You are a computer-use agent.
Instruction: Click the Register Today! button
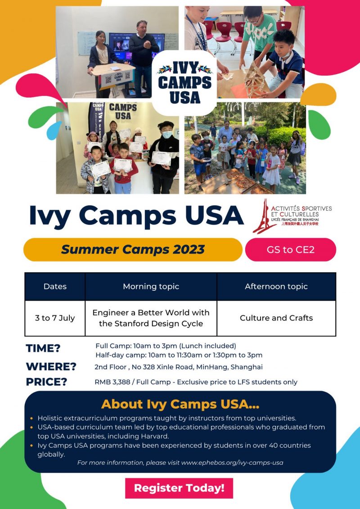[179, 488]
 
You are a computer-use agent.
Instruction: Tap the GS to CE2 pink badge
[291, 250]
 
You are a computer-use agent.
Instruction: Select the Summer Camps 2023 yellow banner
[133, 250]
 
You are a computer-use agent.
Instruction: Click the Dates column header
[55, 286]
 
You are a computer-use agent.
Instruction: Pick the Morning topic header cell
[151, 286]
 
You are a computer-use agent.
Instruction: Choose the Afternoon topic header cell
[276, 286]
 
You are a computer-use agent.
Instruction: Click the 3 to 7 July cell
[55, 318]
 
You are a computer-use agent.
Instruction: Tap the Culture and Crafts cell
[276, 318]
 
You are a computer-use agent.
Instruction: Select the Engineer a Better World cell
[151, 318]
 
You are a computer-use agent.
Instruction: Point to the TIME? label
[43, 348]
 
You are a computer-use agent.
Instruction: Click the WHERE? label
[51, 366]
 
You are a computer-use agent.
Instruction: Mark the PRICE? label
[46, 382]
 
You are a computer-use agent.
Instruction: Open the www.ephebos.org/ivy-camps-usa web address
[232, 463]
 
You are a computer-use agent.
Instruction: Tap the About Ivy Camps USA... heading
[180, 404]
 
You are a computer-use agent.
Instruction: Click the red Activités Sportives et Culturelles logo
[292, 216]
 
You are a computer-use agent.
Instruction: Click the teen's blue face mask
[167, 135]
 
